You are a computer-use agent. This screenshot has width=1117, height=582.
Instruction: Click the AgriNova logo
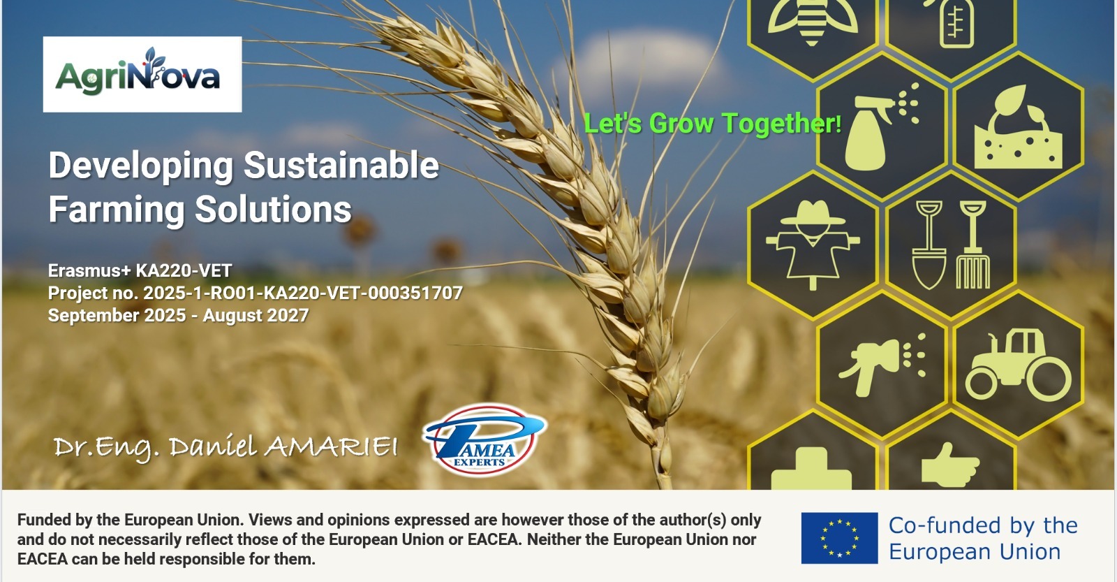point(142,74)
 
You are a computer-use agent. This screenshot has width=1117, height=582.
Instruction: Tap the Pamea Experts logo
point(484,439)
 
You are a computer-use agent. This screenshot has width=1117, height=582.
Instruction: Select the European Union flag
point(839,537)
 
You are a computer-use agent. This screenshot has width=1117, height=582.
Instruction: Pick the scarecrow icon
point(813,245)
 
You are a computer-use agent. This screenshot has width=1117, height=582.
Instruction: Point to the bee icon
point(813,21)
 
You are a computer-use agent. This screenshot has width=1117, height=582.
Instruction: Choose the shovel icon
point(929,245)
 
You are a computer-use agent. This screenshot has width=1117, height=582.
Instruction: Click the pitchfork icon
point(973,245)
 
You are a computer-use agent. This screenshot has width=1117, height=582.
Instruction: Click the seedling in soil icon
point(1018,127)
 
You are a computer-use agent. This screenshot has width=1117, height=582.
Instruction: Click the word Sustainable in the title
point(341,165)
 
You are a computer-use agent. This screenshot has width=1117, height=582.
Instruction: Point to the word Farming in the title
point(116,210)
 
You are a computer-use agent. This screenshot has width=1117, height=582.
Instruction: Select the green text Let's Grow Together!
point(712,123)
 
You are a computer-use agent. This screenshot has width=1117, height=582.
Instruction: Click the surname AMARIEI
point(331,446)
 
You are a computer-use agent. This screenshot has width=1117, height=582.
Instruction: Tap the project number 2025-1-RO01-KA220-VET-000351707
point(303,293)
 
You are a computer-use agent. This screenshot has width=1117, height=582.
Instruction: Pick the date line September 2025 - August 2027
point(178,315)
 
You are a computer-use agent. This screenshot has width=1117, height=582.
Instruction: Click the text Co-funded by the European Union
point(983,538)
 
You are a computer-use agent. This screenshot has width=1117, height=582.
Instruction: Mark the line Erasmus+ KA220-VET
point(140,270)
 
